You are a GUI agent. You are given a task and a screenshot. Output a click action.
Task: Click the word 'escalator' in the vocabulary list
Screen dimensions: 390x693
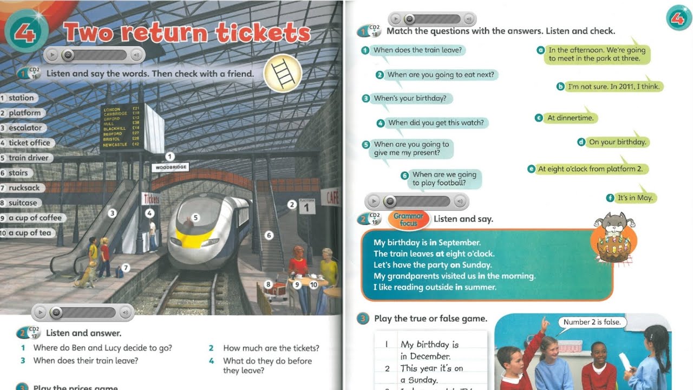pyautogui.click(x=25, y=128)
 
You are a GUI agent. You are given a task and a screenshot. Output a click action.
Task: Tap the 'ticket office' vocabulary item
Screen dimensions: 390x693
pyautogui.click(x=29, y=143)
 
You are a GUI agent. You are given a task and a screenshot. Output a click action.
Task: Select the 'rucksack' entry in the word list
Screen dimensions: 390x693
pyautogui.click(x=24, y=188)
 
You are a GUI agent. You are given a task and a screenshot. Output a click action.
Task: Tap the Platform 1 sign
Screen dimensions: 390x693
pyautogui.click(x=307, y=206)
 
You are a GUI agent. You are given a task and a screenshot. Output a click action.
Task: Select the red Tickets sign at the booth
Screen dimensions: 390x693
pyautogui.click(x=151, y=199)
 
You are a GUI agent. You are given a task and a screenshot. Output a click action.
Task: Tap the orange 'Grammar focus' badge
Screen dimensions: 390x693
pyautogui.click(x=409, y=219)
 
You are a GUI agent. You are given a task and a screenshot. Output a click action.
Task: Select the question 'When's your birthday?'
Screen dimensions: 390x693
pyautogui.click(x=410, y=99)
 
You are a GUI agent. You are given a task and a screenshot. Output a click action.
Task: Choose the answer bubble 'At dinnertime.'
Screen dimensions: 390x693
pyautogui.click(x=570, y=118)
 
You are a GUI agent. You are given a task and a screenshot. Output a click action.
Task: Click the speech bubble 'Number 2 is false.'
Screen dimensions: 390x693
pyautogui.click(x=592, y=322)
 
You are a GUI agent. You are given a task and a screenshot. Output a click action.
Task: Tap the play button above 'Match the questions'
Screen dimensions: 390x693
pyautogui.click(x=396, y=19)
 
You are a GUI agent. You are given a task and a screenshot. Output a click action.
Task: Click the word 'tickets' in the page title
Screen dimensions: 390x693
pyautogui.click(x=263, y=34)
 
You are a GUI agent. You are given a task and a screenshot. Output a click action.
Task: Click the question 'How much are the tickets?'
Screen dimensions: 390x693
pyautogui.click(x=271, y=348)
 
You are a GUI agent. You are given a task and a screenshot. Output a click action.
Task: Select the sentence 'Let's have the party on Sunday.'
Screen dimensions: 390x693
pyautogui.click(x=433, y=265)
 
